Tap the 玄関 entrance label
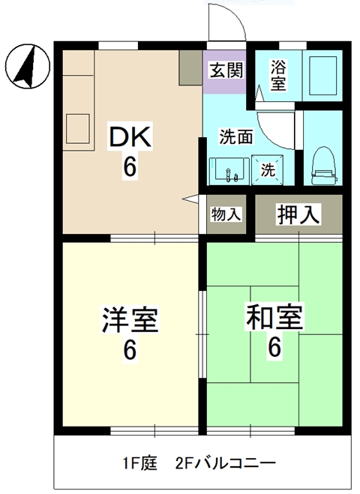(225, 72)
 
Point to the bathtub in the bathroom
(324, 73)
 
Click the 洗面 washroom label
(235, 137)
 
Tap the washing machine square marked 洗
(267, 169)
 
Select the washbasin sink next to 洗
(229, 172)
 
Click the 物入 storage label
(226, 214)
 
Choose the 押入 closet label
(299, 214)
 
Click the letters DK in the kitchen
(131, 138)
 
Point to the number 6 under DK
(130, 167)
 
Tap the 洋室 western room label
(129, 321)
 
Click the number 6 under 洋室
(130, 350)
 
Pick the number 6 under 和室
(274, 347)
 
